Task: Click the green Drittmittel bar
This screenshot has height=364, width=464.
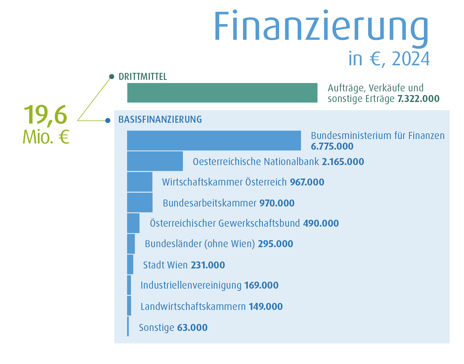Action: coord(222,93)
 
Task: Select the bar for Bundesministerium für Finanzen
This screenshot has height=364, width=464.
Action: coord(214,140)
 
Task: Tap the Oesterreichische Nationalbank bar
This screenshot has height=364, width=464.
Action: coord(155,161)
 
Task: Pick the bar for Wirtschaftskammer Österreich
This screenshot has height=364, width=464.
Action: coord(140,182)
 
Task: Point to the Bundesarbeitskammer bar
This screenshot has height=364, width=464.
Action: coord(140,202)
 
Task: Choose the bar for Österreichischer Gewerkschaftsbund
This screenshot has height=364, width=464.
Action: coord(133,223)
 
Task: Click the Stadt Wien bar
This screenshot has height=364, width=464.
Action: coord(130,264)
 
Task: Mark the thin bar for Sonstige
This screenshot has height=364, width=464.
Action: coord(128,326)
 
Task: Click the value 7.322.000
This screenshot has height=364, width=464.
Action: coord(418,99)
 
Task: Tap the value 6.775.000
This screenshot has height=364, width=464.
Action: coord(332,146)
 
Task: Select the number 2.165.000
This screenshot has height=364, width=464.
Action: coord(343,162)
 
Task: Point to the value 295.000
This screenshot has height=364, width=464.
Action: coord(275,244)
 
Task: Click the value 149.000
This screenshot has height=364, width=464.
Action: coord(266,307)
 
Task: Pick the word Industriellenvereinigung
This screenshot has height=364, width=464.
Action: coord(191,285)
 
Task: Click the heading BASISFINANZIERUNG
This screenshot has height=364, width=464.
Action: coord(160,119)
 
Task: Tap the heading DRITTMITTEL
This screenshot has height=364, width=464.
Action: coord(143,76)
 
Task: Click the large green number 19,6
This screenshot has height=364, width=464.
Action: coord(45,115)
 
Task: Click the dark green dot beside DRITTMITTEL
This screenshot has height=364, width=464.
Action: coord(112,76)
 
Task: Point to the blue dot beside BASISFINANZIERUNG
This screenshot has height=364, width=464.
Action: coord(108,121)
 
